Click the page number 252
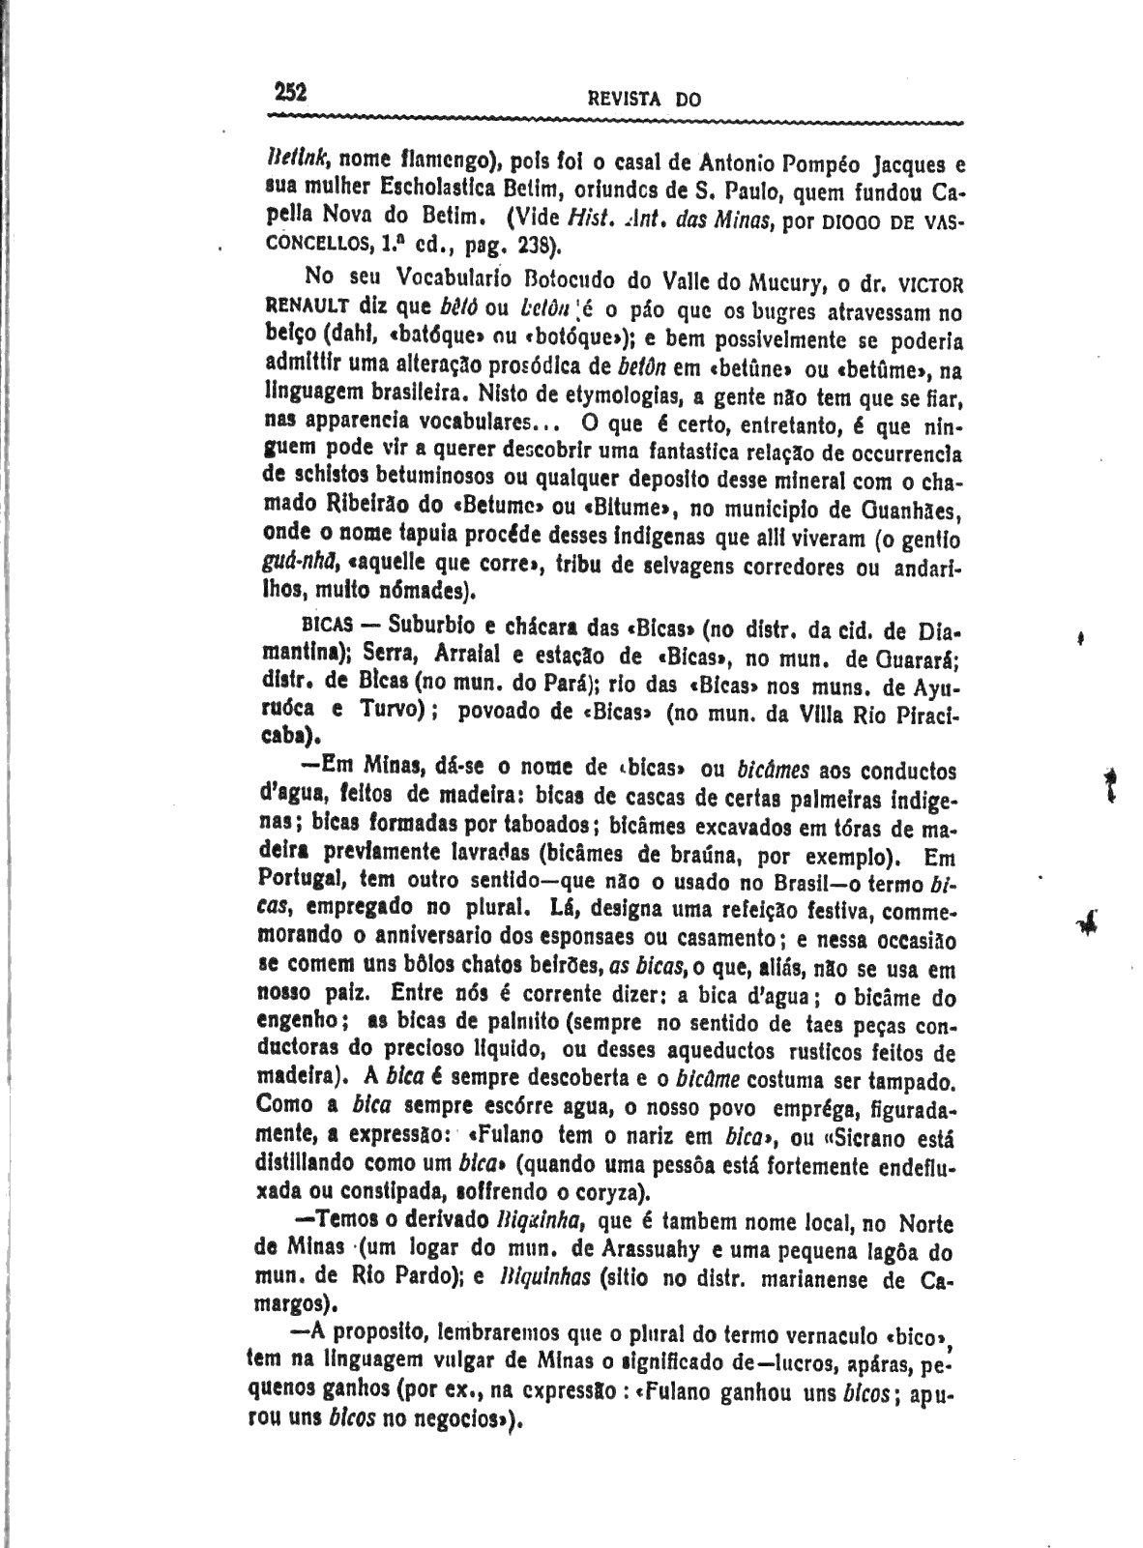pos(289,92)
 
